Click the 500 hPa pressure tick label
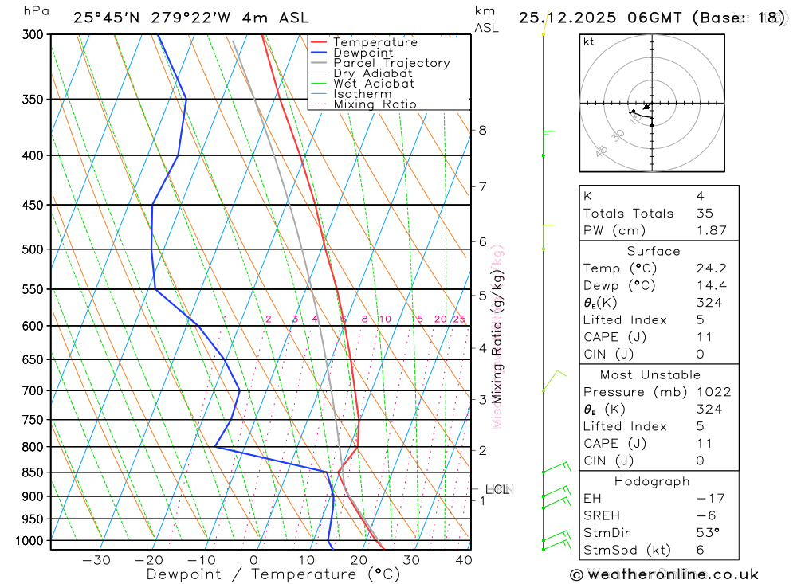tap(33, 249)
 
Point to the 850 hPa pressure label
tap(33, 472)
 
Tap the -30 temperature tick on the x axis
tap(96, 560)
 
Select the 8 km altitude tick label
tap(482, 130)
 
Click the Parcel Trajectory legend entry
tap(391, 63)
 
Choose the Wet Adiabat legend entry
tap(374, 84)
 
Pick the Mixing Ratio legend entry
tap(375, 104)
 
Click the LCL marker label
tap(497, 489)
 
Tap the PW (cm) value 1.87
tap(711, 230)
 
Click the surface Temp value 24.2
tap(711, 268)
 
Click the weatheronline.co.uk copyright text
tap(664, 574)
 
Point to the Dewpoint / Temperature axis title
tap(273, 574)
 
